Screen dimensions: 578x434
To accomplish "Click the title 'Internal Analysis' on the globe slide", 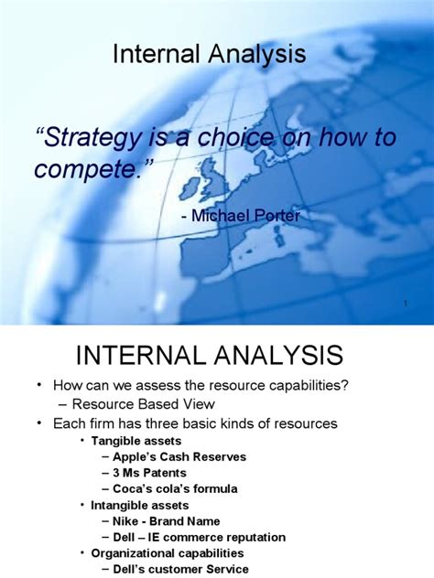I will [209, 55].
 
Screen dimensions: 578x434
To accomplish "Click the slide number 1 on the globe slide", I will [404, 303].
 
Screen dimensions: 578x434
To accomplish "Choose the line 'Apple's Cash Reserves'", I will [180, 456].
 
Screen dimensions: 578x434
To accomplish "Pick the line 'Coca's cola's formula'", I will [176, 488].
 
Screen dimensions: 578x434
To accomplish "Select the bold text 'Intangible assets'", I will [139, 505].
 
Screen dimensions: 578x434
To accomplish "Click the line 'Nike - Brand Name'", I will [168, 520].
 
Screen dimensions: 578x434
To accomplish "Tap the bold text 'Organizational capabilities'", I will [167, 552].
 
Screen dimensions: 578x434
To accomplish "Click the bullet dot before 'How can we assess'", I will [39, 386].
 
